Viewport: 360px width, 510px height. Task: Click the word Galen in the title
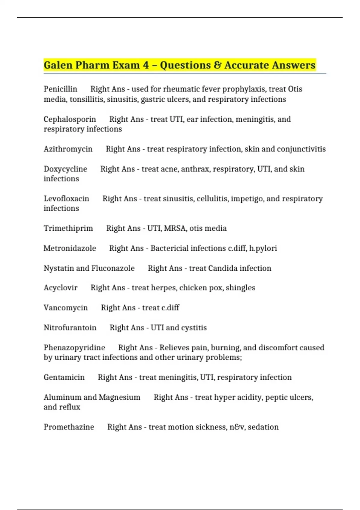pos(58,65)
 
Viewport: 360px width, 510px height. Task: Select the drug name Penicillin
pos(60,89)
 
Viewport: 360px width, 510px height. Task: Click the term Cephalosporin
pos(70,119)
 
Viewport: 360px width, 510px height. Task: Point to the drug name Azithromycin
pos(68,149)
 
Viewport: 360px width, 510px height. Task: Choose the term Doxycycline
pos(65,169)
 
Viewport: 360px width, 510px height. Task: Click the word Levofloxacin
pos(66,199)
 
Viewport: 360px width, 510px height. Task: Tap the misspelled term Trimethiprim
pos(68,228)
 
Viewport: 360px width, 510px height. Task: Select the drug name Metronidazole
pos(70,248)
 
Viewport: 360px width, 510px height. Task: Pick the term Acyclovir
pos(60,288)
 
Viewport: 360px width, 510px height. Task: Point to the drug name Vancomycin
pos(66,308)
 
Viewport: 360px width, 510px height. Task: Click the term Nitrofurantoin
pos(70,328)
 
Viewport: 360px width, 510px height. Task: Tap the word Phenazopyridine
pos(74,348)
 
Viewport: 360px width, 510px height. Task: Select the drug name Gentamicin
pos(64,377)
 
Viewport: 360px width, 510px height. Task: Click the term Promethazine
pos(69,427)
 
